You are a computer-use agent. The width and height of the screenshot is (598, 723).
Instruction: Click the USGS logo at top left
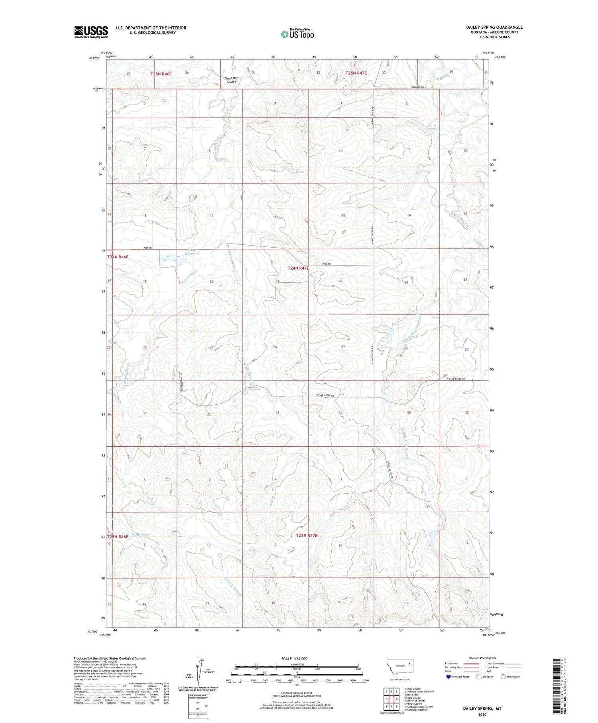click(x=91, y=32)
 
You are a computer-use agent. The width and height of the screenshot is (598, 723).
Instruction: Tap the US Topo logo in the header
click(x=297, y=34)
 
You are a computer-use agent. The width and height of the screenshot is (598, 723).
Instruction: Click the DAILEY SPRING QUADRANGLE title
click(x=494, y=27)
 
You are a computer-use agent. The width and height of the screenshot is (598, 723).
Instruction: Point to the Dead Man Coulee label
click(x=231, y=80)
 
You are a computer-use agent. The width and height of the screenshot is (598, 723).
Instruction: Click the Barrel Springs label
click(x=432, y=127)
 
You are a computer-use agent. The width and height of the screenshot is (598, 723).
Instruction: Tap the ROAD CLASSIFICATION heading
click(x=482, y=658)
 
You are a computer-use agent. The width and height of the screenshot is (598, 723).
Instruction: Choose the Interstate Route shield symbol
click(x=448, y=677)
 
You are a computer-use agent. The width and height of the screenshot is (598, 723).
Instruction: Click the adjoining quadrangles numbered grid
click(x=390, y=698)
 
